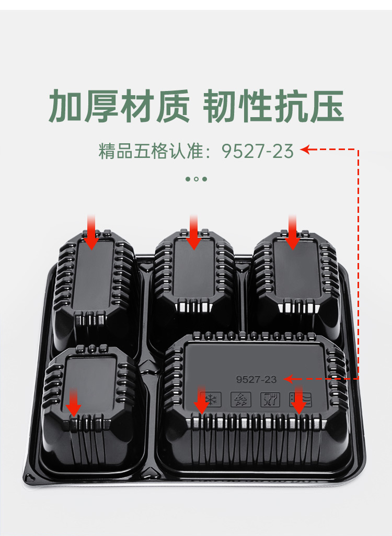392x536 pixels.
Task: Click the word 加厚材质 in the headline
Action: tap(119, 106)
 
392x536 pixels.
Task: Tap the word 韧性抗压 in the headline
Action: tap(273, 106)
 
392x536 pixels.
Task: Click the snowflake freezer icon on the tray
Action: tap(211, 400)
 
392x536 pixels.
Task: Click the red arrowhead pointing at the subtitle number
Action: tap(306, 151)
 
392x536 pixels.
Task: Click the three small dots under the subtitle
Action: tap(196, 179)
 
